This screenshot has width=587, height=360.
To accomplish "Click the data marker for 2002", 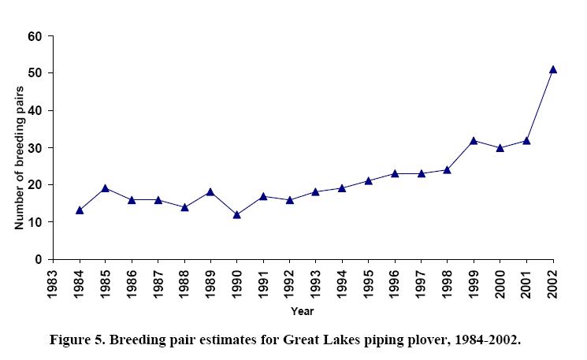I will [x=553, y=69].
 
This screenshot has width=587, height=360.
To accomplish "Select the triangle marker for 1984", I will [x=80, y=210].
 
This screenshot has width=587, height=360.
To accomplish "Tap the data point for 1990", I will [x=237, y=214].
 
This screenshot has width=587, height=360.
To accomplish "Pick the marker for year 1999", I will [x=474, y=140].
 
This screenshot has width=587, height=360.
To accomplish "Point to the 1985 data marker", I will [x=106, y=188].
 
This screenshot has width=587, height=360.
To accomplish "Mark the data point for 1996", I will [x=395, y=173].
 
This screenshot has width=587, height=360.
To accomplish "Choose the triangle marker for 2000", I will [x=500, y=147].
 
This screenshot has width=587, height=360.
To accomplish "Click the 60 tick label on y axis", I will [x=35, y=36].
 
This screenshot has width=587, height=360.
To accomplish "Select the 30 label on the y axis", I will [x=35, y=148].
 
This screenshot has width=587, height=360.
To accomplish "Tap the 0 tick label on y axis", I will [x=38, y=259].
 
